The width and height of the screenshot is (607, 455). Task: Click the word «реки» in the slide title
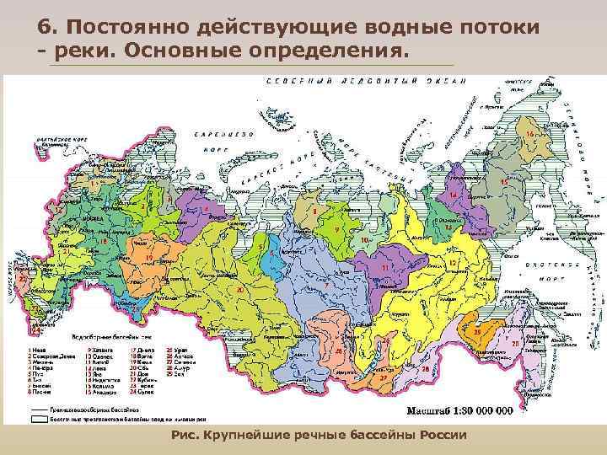(80, 53)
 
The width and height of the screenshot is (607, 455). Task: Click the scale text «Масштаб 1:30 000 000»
(459, 411)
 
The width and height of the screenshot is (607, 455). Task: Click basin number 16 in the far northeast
(529, 135)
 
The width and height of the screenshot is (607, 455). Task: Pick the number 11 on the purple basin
(384, 267)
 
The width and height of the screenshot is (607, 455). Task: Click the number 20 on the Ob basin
(239, 290)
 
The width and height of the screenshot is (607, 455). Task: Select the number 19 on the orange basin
(148, 257)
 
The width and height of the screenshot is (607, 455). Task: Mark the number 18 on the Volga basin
(102, 242)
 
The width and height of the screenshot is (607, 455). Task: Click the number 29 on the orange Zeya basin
(476, 333)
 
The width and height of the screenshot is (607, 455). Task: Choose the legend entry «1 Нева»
(39, 349)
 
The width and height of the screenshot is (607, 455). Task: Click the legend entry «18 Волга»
(142, 356)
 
